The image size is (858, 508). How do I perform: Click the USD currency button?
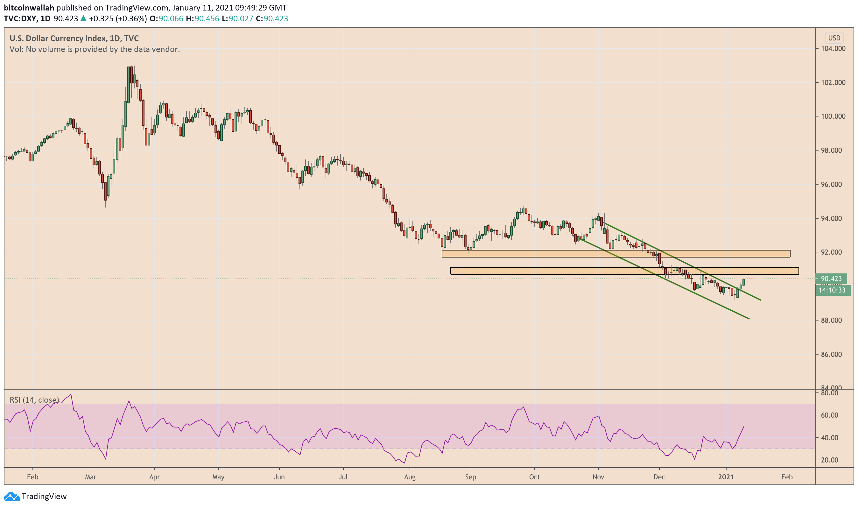click(x=834, y=38)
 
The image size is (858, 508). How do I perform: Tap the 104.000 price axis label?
click(x=833, y=49)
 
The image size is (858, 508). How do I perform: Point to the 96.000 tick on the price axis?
click(x=833, y=185)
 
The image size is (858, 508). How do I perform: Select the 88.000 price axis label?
click(x=833, y=321)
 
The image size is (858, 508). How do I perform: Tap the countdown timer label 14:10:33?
click(x=832, y=290)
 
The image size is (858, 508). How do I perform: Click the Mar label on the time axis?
click(x=91, y=477)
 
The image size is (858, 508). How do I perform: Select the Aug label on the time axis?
click(x=410, y=477)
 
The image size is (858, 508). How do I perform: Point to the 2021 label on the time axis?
click(x=726, y=477)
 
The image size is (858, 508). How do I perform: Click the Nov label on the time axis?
click(x=598, y=477)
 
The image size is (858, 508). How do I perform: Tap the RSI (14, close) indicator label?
click(x=34, y=400)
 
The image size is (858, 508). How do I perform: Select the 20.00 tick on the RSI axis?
click(x=830, y=460)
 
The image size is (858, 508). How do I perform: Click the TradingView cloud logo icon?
click(x=12, y=496)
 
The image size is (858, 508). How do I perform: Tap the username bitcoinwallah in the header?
click(x=29, y=8)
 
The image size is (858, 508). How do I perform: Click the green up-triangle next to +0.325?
click(x=83, y=18)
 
